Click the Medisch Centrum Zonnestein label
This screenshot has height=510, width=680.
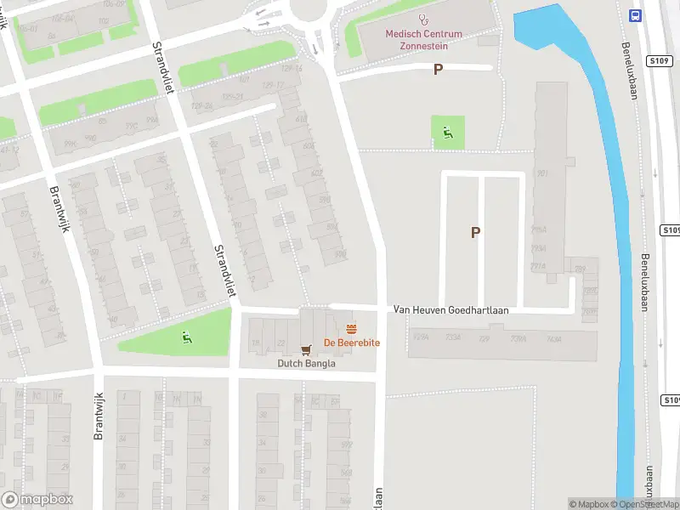click(424, 39)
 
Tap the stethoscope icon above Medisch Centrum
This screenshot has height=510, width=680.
click(424, 20)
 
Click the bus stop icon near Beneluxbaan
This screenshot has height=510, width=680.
click(634, 14)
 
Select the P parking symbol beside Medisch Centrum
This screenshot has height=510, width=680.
click(438, 70)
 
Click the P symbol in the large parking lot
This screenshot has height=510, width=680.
click(475, 232)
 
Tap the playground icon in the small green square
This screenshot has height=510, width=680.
click(448, 132)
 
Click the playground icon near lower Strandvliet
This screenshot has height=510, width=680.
click(187, 337)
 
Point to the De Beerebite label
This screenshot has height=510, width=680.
click(351, 343)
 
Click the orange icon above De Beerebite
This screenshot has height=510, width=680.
click(351, 329)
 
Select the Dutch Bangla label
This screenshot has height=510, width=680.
click(307, 363)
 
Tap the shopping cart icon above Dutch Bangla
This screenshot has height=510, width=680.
click(307, 348)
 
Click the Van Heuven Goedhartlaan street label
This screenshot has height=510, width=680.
click(450, 310)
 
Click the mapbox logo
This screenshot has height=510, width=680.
click(37, 500)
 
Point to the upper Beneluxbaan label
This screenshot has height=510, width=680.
click(630, 72)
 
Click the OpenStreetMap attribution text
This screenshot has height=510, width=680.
click(650, 504)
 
